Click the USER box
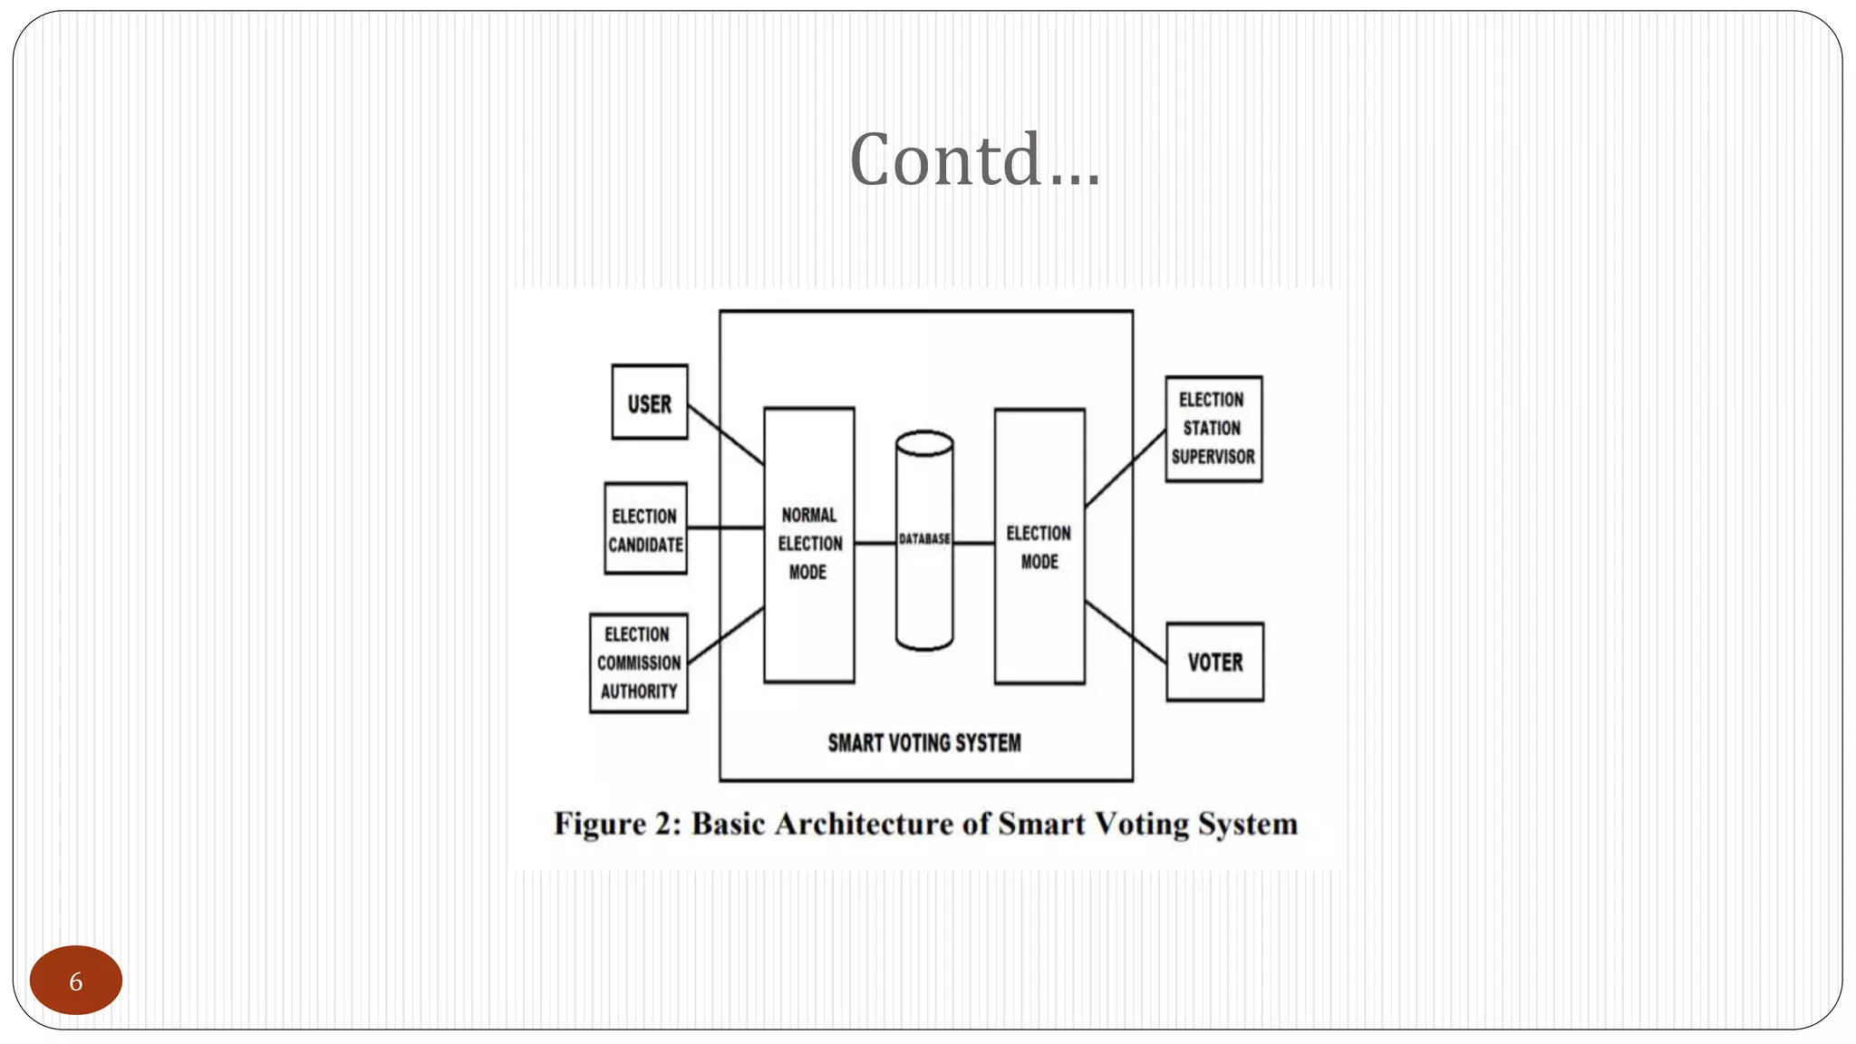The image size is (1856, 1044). coord(649,402)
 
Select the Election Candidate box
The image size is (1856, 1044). coord(645,529)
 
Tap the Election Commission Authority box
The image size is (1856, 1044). coord(638,663)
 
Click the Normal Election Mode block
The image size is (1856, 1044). coord(808,544)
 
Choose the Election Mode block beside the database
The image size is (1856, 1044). coord(1039,546)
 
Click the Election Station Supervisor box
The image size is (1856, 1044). coord(1213,429)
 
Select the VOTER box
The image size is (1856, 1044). coord(1214,662)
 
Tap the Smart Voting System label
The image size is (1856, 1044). coord(923,743)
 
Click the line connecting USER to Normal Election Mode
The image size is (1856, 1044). coord(725,434)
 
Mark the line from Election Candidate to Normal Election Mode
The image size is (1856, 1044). coord(725,527)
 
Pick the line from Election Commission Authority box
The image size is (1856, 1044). coord(725,636)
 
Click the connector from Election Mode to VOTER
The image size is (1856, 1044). coord(1125,632)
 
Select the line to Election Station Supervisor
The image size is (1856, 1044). coord(1125,469)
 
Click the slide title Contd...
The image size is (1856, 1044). coord(974,159)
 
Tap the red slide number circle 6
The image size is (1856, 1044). coord(76,981)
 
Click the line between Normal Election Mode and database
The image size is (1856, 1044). coord(875,544)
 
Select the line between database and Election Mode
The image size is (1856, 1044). coord(974,544)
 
